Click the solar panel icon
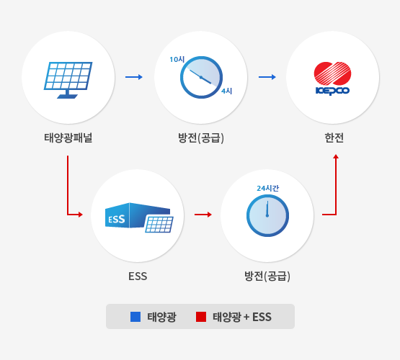click(68, 80)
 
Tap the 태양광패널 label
click(68, 138)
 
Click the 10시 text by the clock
click(177, 59)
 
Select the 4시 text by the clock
click(227, 91)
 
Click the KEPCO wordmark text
click(332, 91)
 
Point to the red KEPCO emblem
click(332, 73)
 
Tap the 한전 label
click(334, 138)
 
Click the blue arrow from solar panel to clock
click(133, 77)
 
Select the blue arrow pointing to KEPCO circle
click(267, 77)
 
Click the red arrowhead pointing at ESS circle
click(81, 215)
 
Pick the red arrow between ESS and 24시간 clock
click(203, 215)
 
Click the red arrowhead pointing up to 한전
click(336, 156)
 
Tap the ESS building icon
click(139, 217)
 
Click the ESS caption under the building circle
click(138, 276)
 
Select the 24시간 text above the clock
click(268, 189)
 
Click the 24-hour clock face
click(267, 215)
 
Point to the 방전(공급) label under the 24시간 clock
click(267, 276)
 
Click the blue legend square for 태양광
click(135, 317)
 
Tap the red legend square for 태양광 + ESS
click(201, 317)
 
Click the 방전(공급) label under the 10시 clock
click(201, 138)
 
